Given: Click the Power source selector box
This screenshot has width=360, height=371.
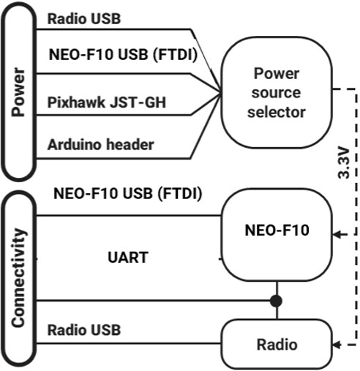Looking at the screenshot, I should tap(276, 92).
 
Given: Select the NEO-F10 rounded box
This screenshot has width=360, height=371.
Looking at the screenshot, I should tap(276, 231).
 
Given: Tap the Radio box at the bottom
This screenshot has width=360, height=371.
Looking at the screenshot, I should tap(276, 344).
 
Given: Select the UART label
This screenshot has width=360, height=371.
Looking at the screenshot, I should tap(128, 257).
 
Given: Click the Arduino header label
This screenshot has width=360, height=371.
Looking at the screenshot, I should tap(100, 144).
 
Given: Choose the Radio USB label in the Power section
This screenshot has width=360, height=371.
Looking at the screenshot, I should tap(84, 18).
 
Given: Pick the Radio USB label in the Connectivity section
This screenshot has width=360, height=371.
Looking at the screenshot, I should tap(84, 329).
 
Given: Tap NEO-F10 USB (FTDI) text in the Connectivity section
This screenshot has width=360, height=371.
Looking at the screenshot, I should tap(127, 194).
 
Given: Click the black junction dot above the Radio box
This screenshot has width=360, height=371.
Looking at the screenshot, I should tap(276, 300).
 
